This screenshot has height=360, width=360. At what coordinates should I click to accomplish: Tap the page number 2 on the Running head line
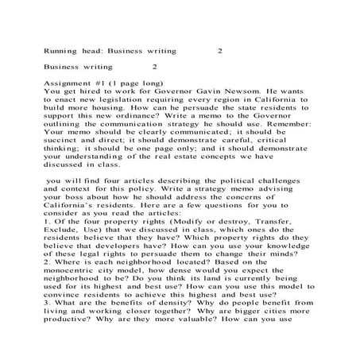(x=220, y=50)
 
